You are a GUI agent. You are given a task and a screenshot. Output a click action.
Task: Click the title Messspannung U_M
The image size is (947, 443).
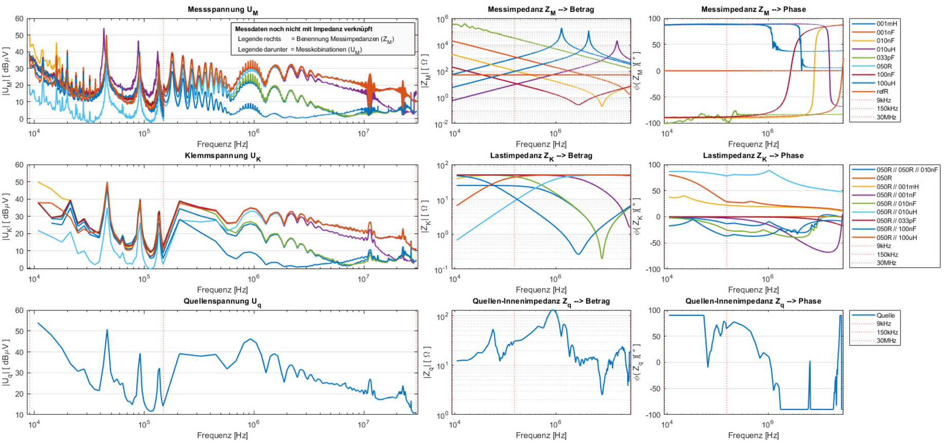(x=222, y=9)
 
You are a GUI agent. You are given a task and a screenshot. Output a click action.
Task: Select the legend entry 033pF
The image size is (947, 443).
(x=885, y=58)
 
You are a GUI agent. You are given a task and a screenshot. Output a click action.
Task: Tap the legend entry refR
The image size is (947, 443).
(x=882, y=91)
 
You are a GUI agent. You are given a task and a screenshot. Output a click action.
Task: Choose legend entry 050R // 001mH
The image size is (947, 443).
(x=897, y=187)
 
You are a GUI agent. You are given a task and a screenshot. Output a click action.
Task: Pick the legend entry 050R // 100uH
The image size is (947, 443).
(x=897, y=237)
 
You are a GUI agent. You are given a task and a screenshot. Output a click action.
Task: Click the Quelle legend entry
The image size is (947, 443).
(x=885, y=315)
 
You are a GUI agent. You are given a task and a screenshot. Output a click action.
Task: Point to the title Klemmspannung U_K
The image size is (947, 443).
(x=222, y=156)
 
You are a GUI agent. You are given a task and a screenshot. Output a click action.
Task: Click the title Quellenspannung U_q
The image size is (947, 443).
(x=222, y=301)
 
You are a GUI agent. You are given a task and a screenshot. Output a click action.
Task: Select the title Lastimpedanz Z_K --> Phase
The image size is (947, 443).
(x=753, y=155)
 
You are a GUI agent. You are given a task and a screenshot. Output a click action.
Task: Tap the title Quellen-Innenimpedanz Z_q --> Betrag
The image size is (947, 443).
(x=541, y=301)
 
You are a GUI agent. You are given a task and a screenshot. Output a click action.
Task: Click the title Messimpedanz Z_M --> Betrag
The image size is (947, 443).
(x=541, y=9)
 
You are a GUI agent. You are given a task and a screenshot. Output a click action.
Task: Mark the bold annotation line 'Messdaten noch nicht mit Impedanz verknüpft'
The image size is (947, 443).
(x=304, y=29)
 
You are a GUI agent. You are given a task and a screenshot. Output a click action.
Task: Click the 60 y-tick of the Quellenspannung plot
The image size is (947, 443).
(x=19, y=310)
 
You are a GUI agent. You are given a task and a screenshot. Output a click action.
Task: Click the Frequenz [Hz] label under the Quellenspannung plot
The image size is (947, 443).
(x=222, y=435)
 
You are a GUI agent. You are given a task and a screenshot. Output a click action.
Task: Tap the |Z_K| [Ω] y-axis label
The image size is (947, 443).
(x=425, y=217)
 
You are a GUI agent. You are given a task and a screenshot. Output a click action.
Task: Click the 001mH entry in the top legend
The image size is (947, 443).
(x=887, y=24)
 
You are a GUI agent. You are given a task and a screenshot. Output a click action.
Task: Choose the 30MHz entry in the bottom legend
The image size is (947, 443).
(x=886, y=340)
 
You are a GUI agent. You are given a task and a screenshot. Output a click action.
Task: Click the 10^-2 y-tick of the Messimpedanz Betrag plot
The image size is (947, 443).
(x=441, y=124)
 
